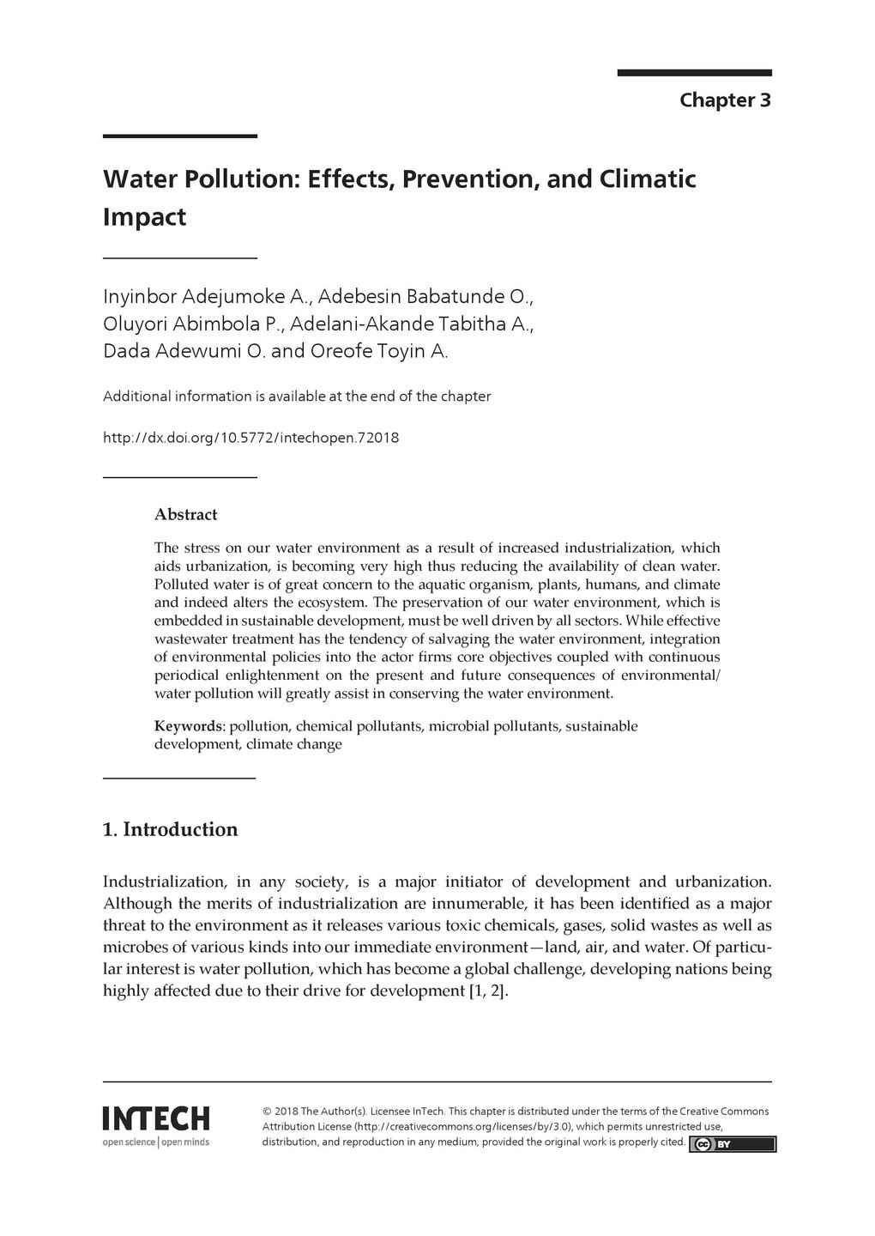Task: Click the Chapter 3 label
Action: tap(725, 100)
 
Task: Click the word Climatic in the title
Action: tap(647, 179)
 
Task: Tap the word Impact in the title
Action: tap(144, 217)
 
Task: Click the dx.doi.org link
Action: tap(250, 439)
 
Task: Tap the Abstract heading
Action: tap(185, 515)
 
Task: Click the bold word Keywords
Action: tap(188, 726)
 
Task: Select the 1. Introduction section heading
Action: tap(170, 830)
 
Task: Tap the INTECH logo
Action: tap(155, 1118)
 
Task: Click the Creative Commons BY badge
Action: tap(733, 1144)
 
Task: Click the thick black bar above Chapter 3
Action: tap(694, 73)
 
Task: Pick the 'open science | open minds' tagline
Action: tap(155, 1142)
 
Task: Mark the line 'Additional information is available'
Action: tap(296, 397)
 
